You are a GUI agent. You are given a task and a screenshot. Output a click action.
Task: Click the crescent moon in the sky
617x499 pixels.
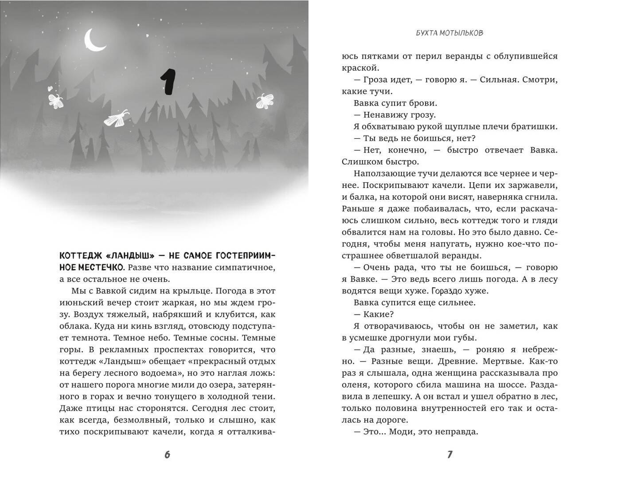point(94,41)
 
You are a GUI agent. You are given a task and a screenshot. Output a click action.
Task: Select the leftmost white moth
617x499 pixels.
point(55,99)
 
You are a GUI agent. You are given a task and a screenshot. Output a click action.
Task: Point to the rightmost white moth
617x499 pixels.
point(265,102)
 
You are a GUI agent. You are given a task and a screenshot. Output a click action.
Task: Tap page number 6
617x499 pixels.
point(167,455)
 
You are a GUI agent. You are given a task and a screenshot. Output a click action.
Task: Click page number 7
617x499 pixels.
point(450,455)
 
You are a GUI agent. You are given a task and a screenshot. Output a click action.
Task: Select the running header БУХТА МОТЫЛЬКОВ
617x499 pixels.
point(450,33)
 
